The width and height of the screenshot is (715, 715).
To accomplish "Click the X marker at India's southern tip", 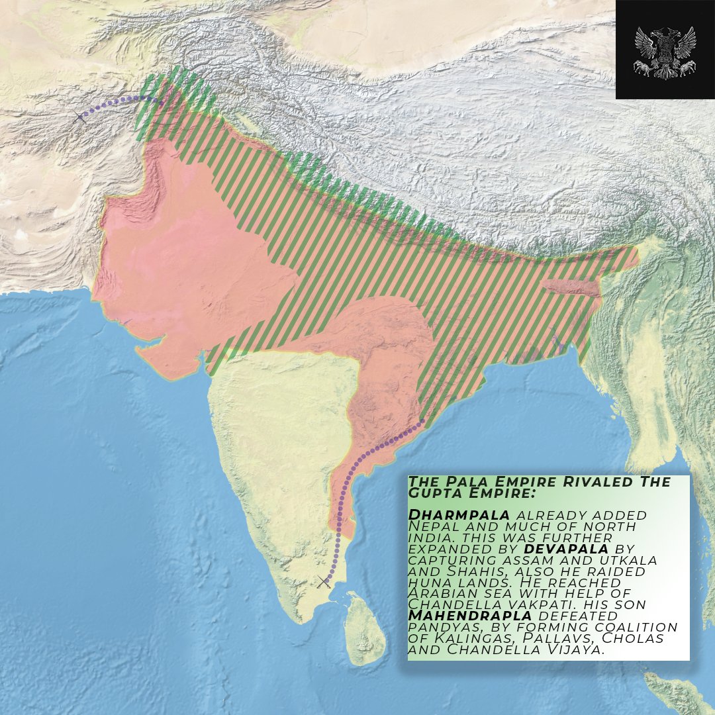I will tap(324, 582).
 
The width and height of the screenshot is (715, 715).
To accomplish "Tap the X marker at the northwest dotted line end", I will tap(80, 117).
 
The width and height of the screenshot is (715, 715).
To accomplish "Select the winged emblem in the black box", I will tap(665, 50).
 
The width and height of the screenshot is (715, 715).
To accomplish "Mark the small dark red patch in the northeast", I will tap(569, 287).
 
